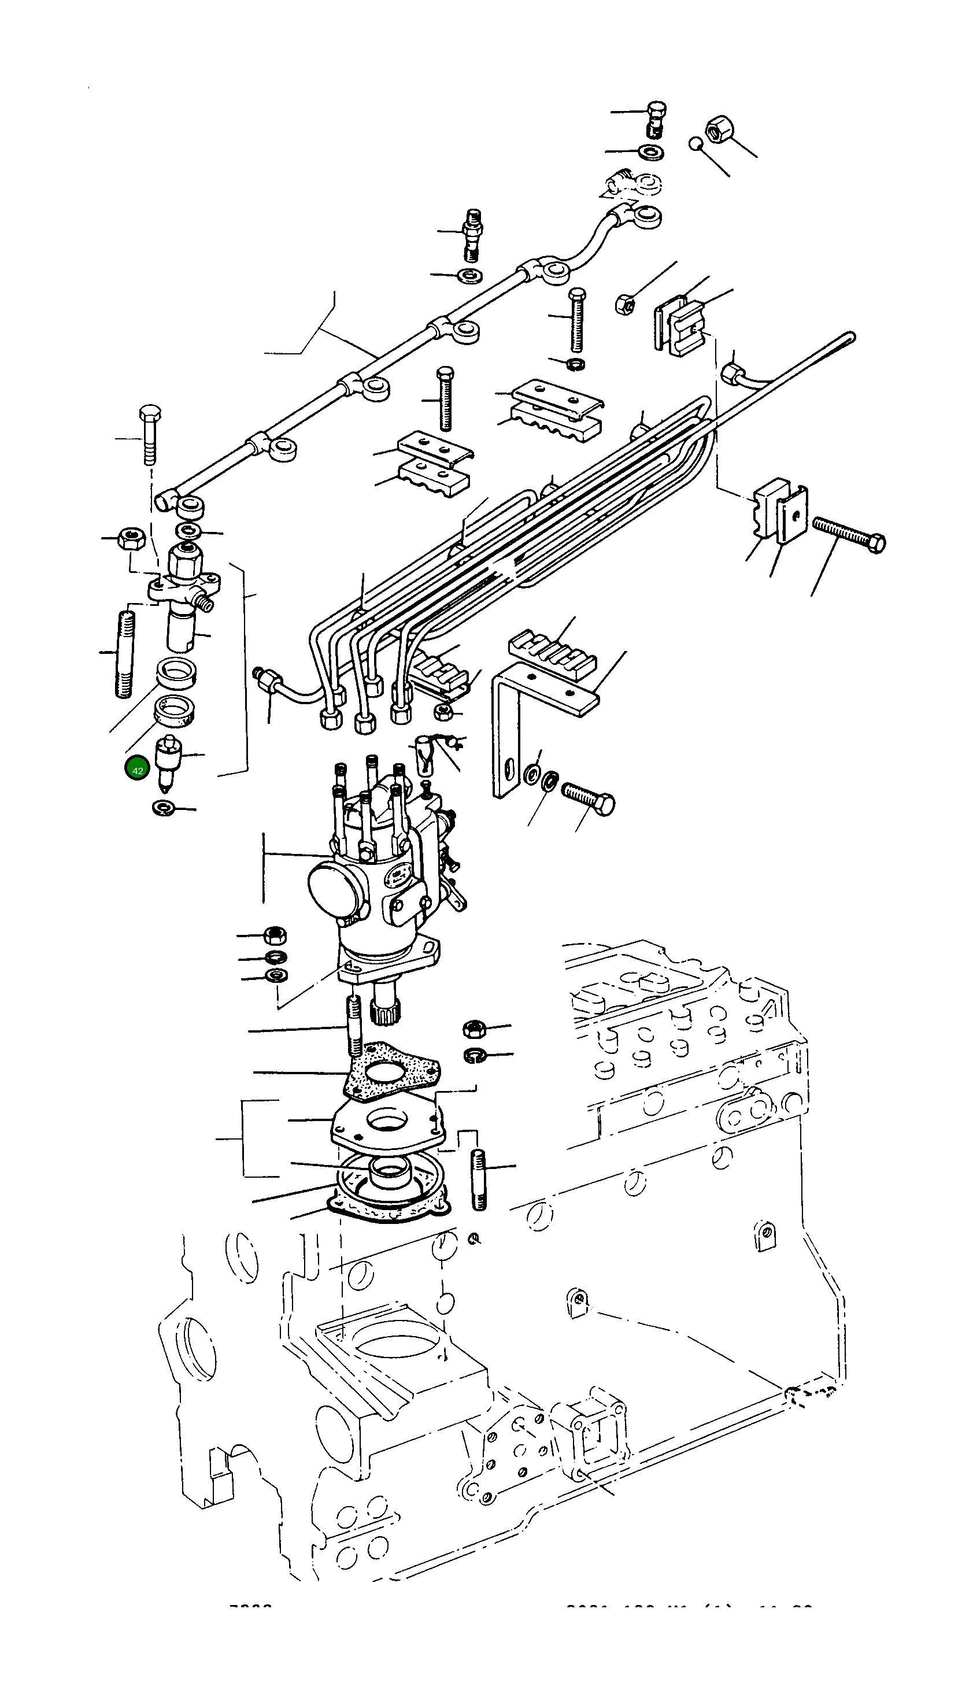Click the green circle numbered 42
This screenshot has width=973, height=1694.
(137, 770)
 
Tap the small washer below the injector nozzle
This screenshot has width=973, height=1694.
(162, 808)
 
